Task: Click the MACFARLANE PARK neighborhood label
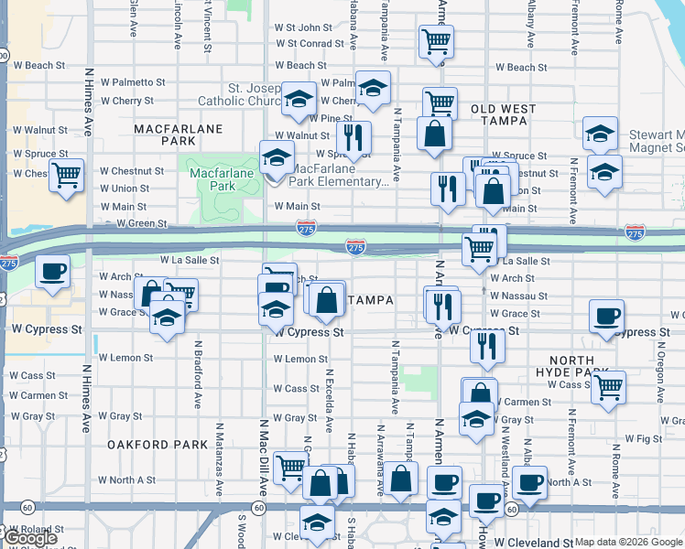coord(179,135)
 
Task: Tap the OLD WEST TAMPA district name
coord(503,115)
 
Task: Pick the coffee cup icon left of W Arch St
coord(53,271)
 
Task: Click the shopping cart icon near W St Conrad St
coord(436,40)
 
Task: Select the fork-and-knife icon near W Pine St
coord(353,137)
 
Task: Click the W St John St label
coord(303,28)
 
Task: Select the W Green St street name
coord(135,223)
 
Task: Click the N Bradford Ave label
coord(198,374)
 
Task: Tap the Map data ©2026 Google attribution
coord(628,542)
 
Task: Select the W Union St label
coord(125,188)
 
